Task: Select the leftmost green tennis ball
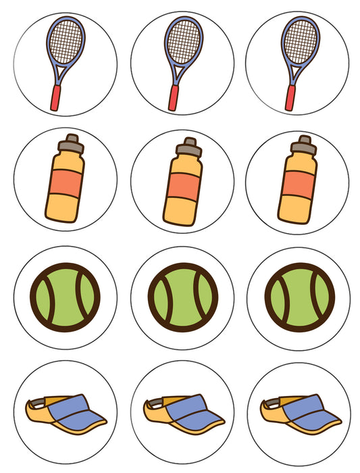click(x=66, y=296)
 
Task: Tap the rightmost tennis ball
click(x=299, y=296)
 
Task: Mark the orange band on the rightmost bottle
click(x=300, y=184)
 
